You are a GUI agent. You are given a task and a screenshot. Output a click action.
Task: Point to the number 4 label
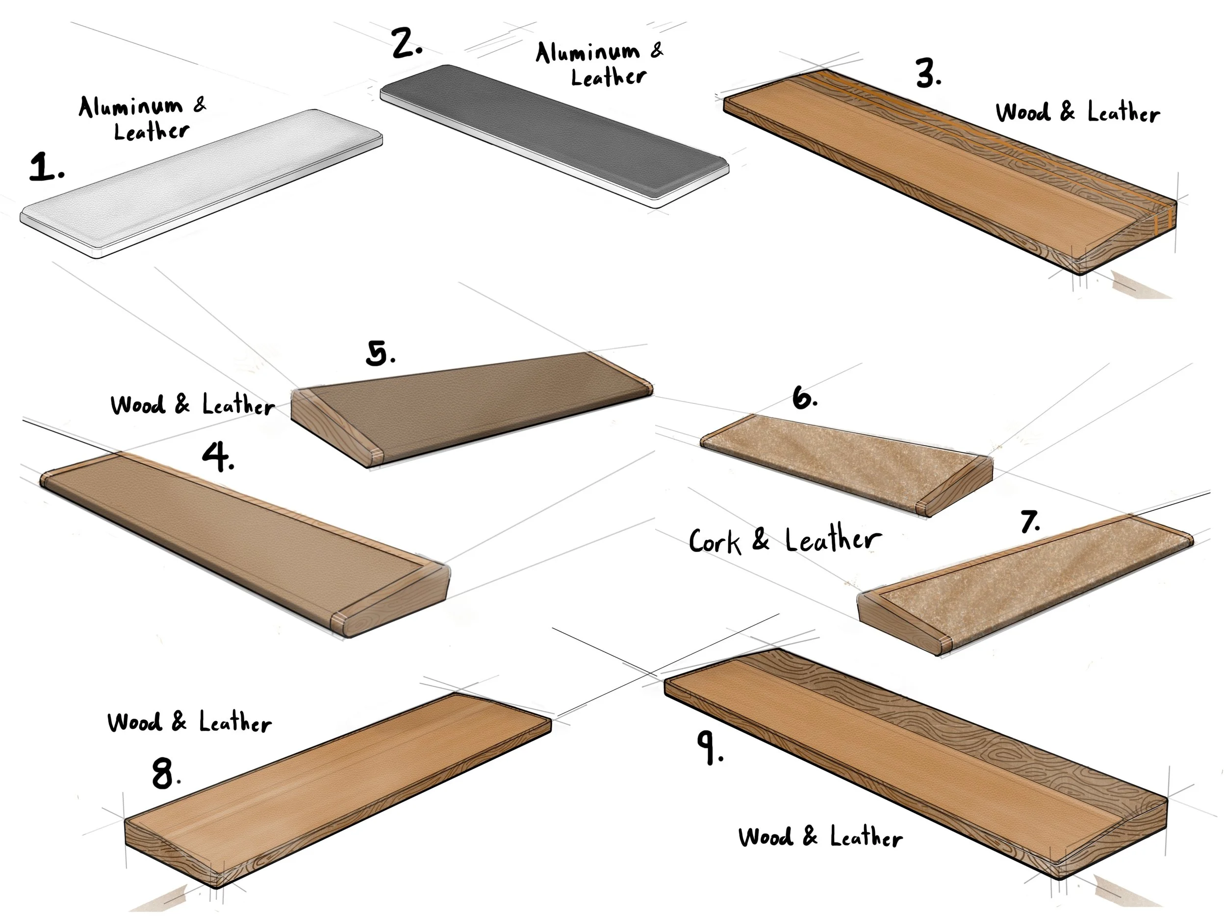point(217,457)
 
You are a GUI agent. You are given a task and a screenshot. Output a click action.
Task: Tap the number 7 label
point(1030,522)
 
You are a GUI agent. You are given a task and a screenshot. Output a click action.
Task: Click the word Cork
point(715,541)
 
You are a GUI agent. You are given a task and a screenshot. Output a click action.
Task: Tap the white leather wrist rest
point(200,183)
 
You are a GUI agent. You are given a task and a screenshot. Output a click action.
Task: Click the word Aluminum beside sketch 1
point(130,107)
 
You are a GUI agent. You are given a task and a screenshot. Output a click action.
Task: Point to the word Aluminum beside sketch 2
point(587,53)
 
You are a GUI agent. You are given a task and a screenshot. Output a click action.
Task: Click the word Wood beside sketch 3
point(1022,112)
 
